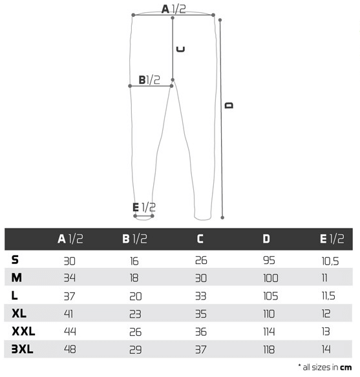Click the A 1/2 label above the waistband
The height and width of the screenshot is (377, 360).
point(173,9)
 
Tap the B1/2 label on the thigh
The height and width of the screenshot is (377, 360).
point(149,80)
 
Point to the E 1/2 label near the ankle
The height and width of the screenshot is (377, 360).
point(144,207)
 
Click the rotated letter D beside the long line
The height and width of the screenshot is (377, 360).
point(229,105)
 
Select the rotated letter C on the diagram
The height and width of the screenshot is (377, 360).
point(181,49)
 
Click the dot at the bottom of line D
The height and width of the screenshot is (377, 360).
point(222,218)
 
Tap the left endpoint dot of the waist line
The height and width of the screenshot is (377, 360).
point(133,15)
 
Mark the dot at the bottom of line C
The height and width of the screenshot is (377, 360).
point(173,80)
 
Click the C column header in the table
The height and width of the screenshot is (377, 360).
point(200,239)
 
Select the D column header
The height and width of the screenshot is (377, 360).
point(266,239)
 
